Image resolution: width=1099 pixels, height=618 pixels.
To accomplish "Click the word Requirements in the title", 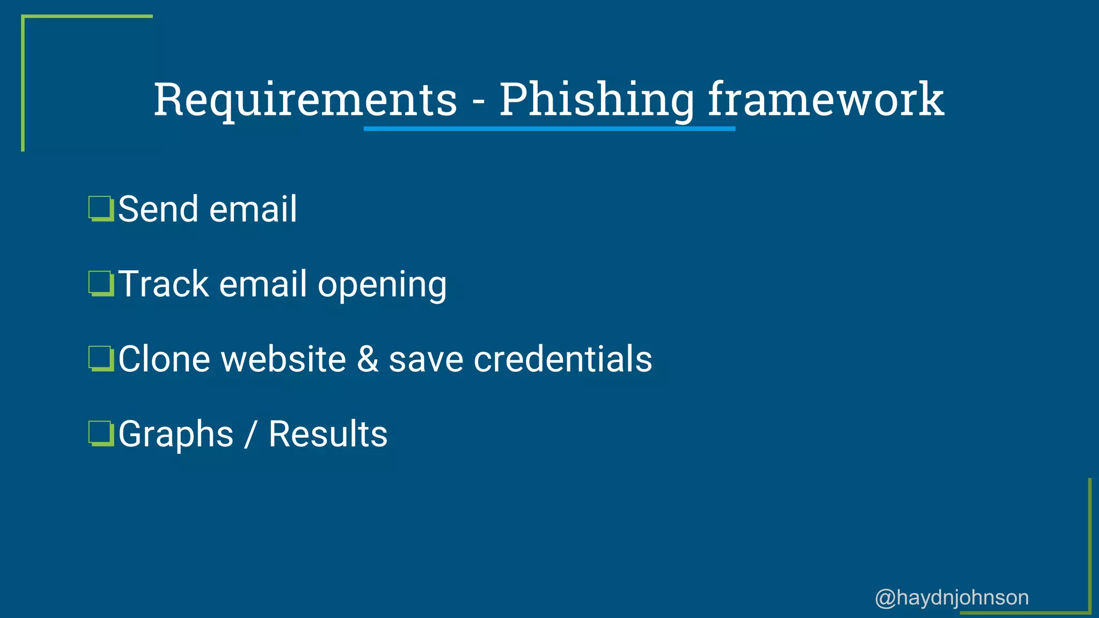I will pyautogui.click(x=305, y=100).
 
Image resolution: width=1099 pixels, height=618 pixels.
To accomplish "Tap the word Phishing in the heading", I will pyautogui.click(x=597, y=100).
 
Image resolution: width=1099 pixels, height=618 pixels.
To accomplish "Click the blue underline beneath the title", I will pyautogui.click(x=549, y=129).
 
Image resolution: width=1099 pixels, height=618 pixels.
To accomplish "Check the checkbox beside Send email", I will pyautogui.click(x=101, y=209).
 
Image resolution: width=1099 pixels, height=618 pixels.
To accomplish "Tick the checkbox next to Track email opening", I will pyautogui.click(x=101, y=284).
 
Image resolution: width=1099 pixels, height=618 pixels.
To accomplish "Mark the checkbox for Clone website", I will pyautogui.click(x=101, y=359).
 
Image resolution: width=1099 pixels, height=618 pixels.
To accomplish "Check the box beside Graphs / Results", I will pyautogui.click(x=101, y=434).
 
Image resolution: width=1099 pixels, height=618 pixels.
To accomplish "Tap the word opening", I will pyautogui.click(x=382, y=285).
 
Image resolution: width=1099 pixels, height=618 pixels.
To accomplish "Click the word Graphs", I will pyautogui.click(x=176, y=435).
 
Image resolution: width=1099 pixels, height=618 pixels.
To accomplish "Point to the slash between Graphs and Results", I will pyautogui.click(x=250, y=435).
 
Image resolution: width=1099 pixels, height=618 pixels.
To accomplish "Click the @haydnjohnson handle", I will pyautogui.click(x=951, y=598).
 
